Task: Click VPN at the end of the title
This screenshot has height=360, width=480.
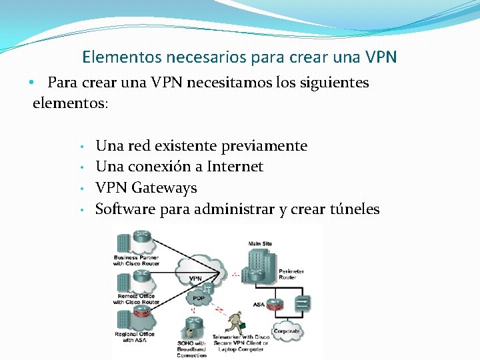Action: pos(381,57)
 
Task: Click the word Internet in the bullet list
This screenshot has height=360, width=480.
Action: pos(235,167)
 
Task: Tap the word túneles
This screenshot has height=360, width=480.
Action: pos(355,209)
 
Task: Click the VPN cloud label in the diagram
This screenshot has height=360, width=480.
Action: pos(195,278)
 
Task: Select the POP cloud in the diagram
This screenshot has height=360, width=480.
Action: pos(199,299)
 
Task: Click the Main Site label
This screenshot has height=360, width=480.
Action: pos(260,244)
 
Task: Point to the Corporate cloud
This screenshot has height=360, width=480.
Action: pos(287,331)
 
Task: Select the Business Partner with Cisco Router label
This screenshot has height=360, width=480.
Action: pos(136,260)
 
